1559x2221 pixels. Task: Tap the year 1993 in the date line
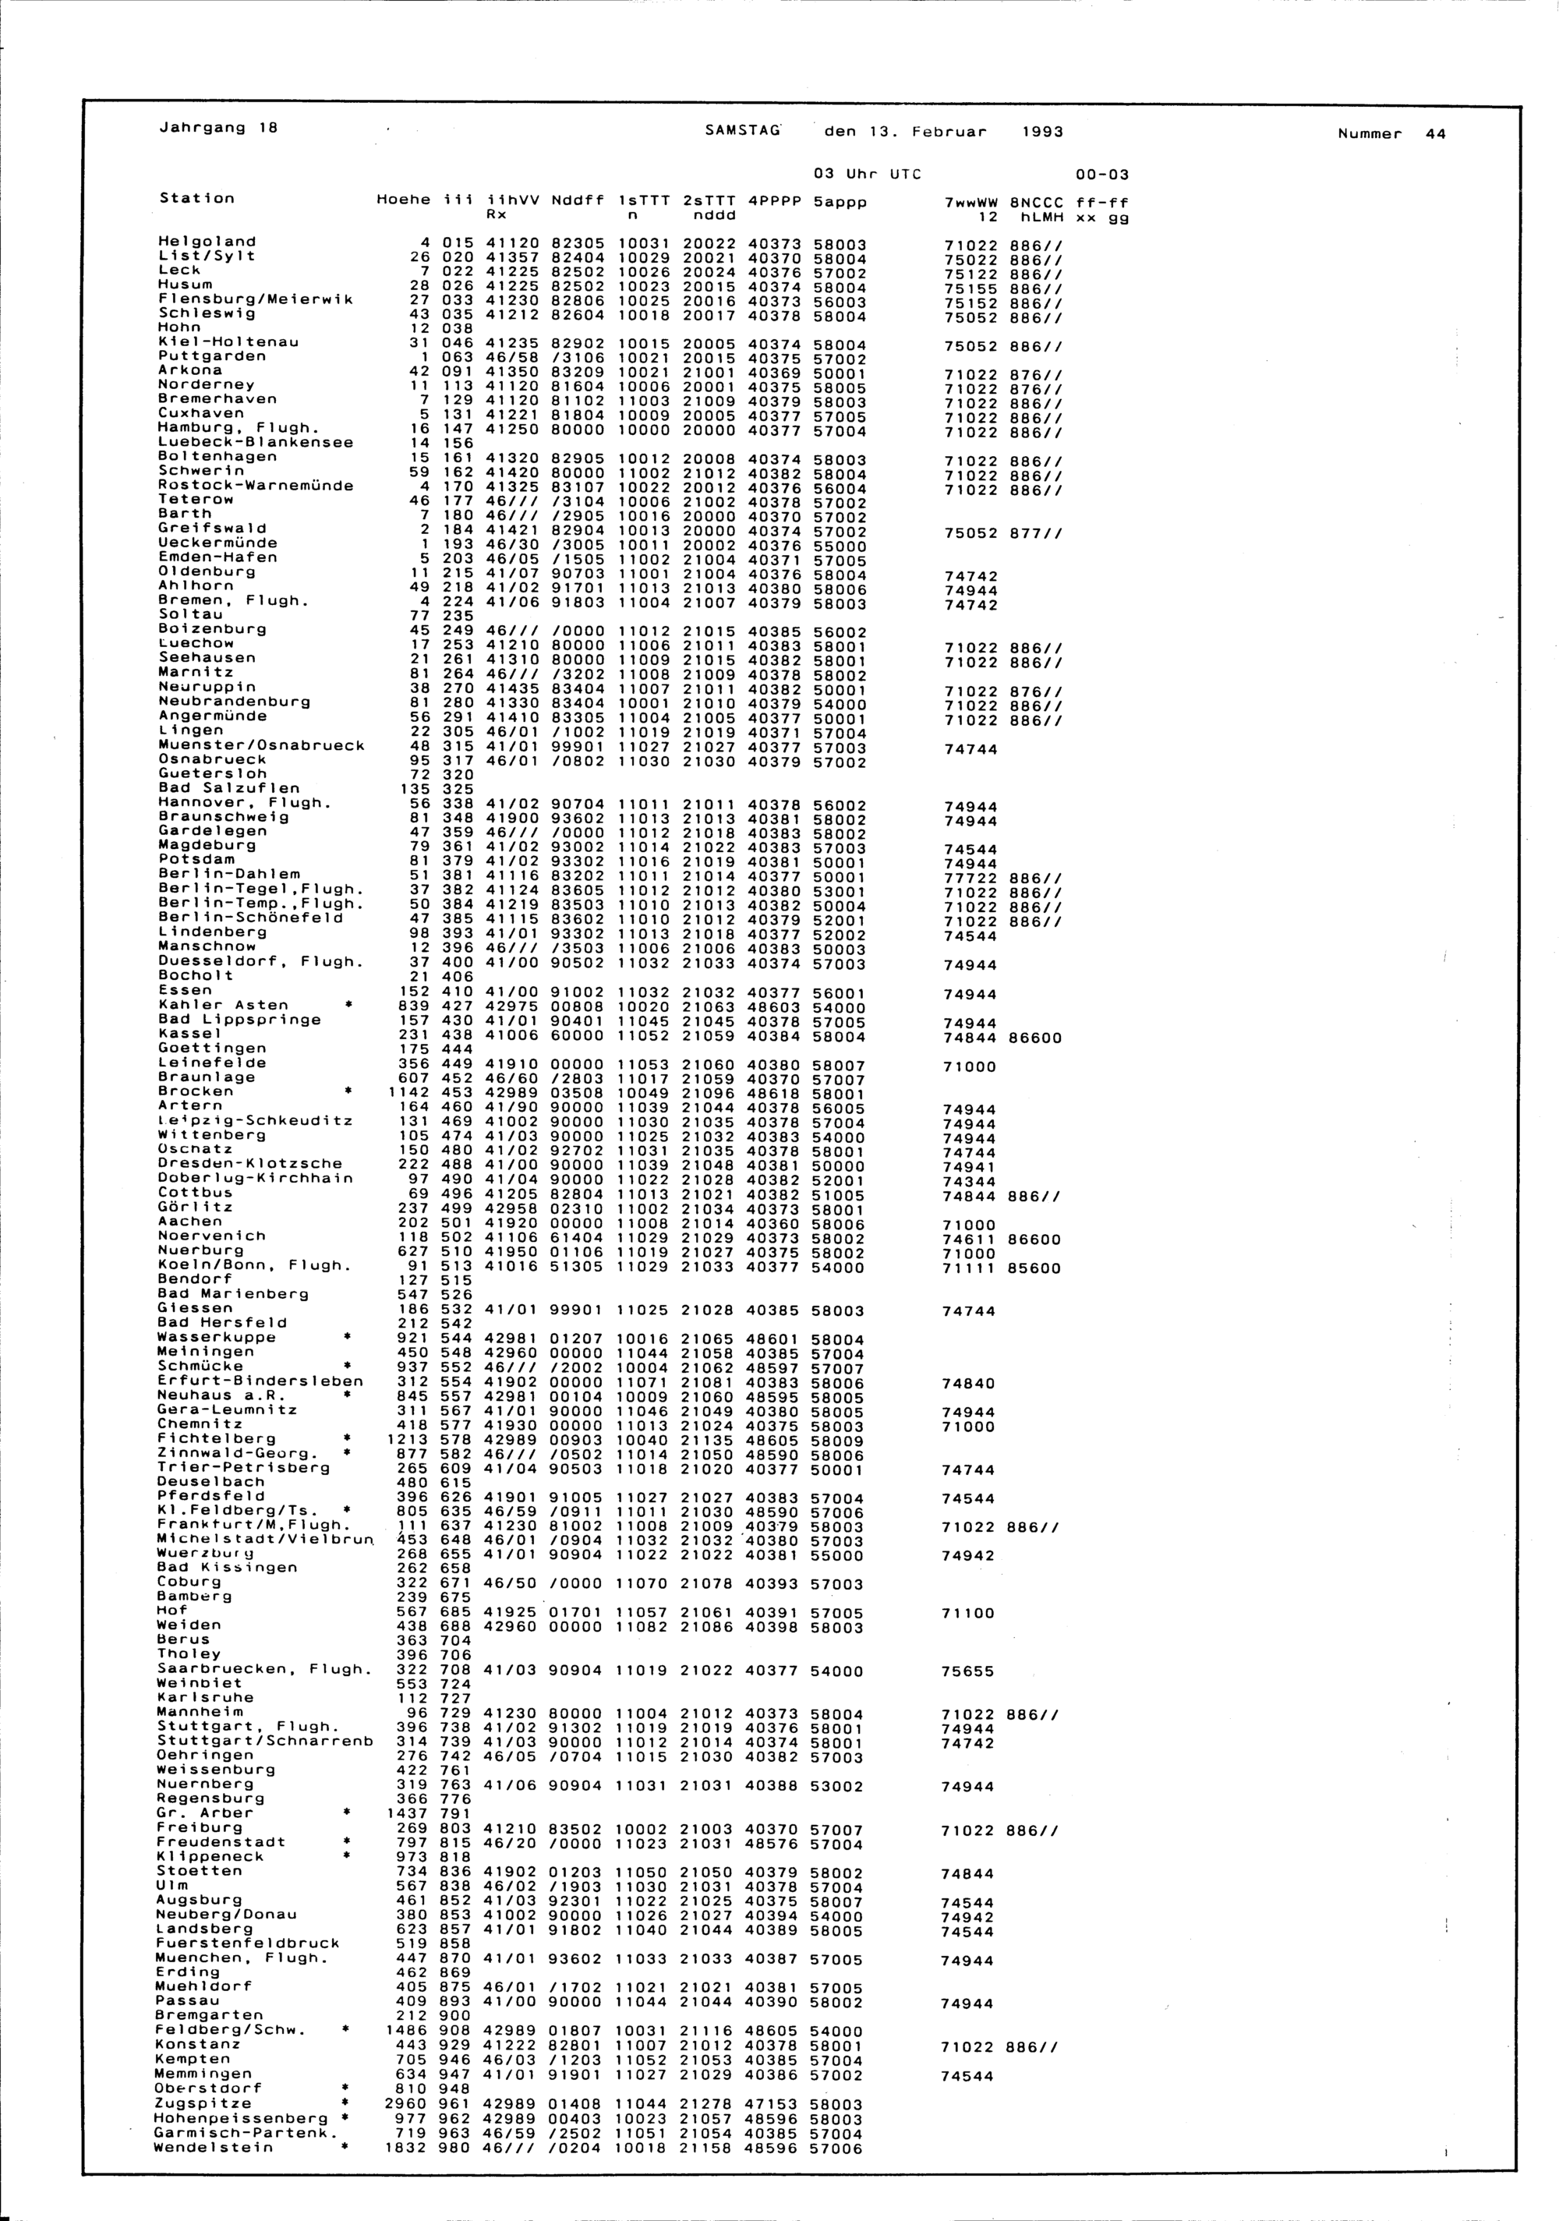(1041, 132)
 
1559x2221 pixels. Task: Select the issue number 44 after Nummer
(1435, 134)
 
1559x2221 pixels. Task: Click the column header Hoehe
(402, 200)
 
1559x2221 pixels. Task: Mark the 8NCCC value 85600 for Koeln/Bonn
(1036, 1268)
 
